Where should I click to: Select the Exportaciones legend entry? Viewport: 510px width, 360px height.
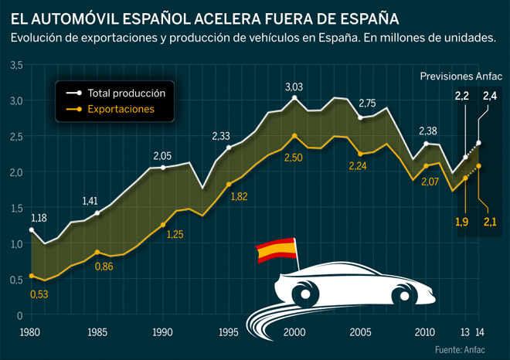point(120,110)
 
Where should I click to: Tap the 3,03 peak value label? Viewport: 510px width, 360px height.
point(294,87)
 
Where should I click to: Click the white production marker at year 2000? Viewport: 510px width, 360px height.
point(294,98)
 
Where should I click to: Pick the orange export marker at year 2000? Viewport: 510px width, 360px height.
point(294,135)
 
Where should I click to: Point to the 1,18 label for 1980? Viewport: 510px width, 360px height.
point(38,217)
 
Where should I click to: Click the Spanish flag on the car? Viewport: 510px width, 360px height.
point(277,250)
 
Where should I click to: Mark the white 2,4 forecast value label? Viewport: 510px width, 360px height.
point(490,96)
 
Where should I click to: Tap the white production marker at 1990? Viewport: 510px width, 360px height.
point(163,168)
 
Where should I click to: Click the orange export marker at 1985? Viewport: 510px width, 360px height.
point(97,253)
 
